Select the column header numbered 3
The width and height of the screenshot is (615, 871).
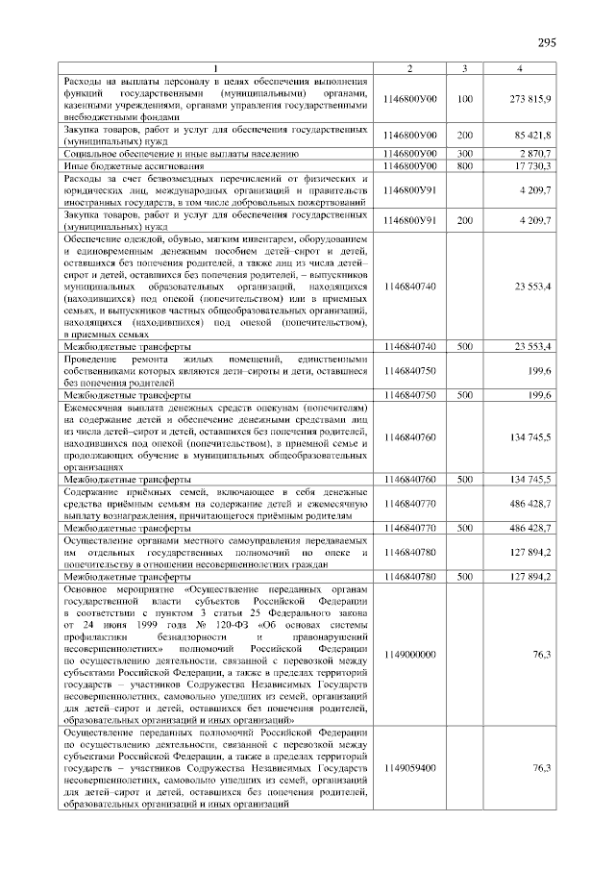(465, 68)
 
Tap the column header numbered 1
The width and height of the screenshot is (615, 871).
(215, 68)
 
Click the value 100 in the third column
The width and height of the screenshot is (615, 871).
(465, 99)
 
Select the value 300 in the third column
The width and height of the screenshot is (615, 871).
(465, 153)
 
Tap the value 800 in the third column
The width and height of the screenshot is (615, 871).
(465, 165)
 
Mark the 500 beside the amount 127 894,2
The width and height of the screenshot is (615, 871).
(465, 576)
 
